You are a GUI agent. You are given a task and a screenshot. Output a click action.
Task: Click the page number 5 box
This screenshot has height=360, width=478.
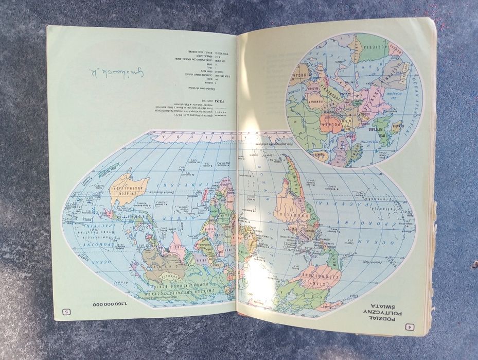coord(66,311)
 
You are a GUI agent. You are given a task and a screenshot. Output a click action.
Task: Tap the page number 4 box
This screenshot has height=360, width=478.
coord(410,325)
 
